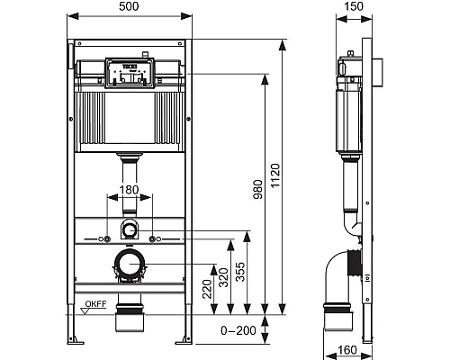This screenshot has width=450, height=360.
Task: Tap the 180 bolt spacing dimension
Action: coord(130,190)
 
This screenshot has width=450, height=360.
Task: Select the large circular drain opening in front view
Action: coord(130,264)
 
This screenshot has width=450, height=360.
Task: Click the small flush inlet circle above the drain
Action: coord(130,229)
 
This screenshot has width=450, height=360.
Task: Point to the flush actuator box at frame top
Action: coord(130,73)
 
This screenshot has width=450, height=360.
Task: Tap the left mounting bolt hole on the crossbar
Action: coord(107,238)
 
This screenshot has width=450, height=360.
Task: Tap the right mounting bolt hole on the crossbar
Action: coord(152,238)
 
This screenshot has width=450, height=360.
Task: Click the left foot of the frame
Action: coord(77,339)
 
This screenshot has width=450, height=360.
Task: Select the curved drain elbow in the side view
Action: coord(339,270)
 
